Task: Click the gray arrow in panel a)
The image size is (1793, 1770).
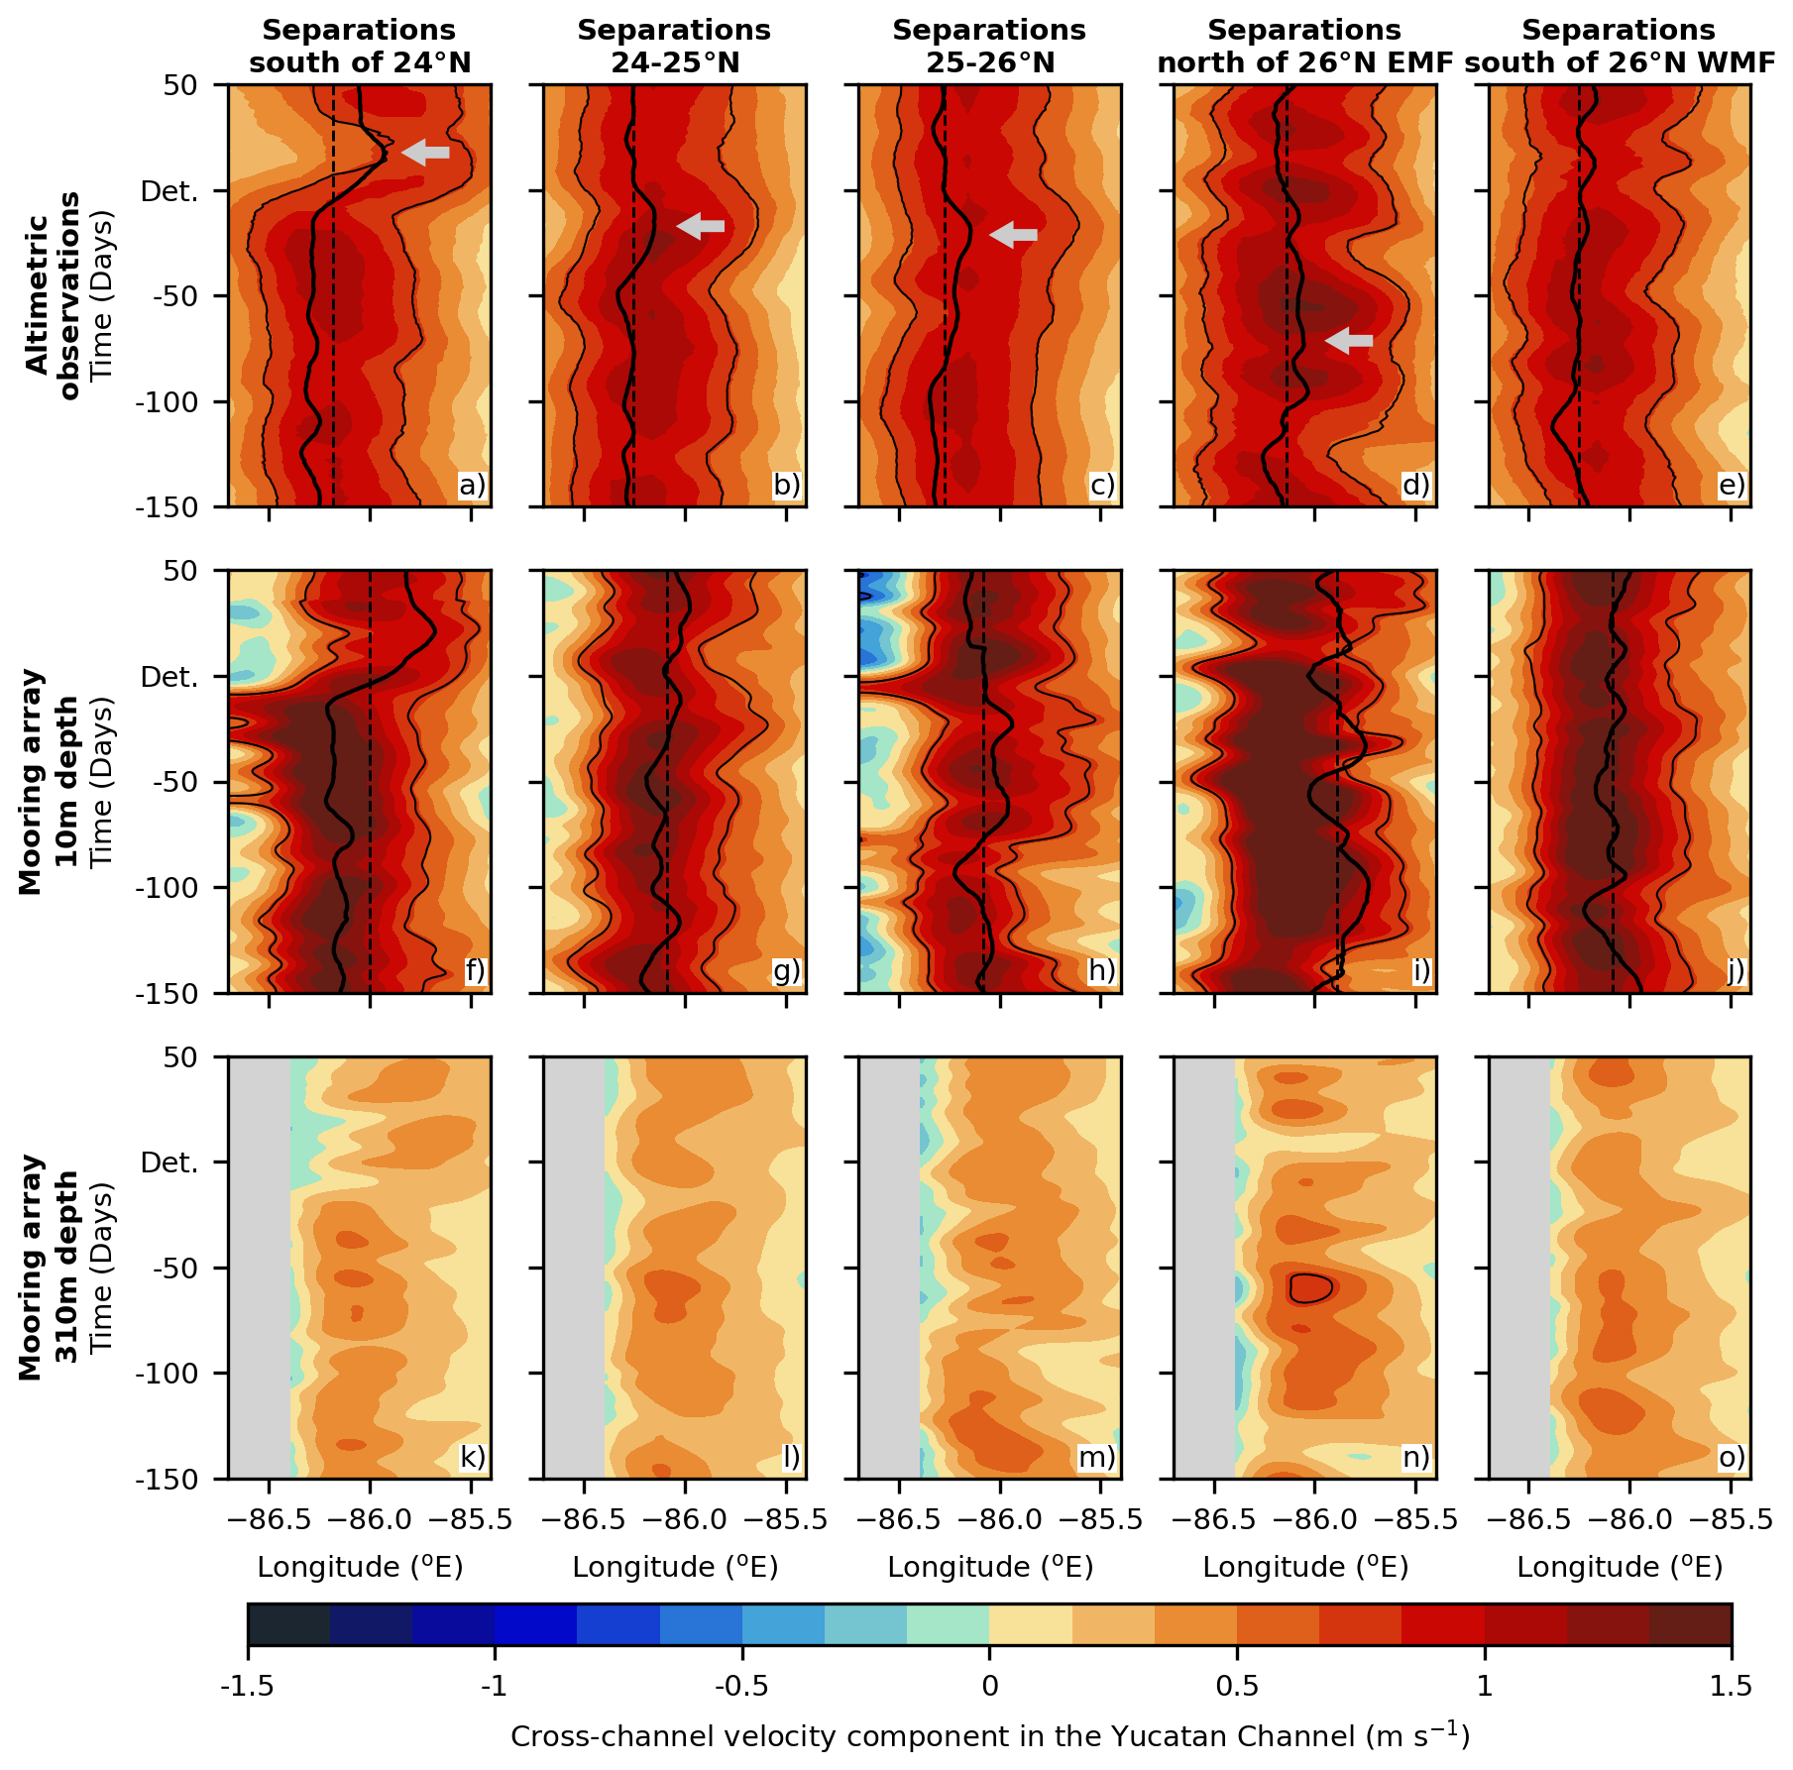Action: (425, 152)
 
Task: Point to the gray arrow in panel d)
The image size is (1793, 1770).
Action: (1349, 341)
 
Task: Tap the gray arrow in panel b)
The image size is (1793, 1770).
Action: (700, 226)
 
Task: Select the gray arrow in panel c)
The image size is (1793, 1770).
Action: (1013, 235)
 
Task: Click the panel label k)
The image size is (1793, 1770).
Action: (473, 1457)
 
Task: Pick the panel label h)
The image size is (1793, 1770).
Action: (1102, 970)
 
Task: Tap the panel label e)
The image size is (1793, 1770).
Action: (1733, 485)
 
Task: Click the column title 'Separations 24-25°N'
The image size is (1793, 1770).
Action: (674, 47)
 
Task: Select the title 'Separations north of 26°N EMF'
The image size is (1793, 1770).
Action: (1304, 47)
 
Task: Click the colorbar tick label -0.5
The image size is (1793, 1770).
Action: (742, 1686)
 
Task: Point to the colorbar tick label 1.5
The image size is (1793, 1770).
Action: (1731, 1686)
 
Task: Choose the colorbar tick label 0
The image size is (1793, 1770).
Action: (989, 1686)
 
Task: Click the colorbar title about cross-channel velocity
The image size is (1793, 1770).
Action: (989, 1736)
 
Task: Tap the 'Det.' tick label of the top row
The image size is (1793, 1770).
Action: (170, 190)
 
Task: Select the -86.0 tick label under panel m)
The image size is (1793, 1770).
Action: (1000, 1519)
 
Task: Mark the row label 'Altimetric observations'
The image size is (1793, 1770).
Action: (52, 295)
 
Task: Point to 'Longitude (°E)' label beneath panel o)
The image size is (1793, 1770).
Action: (1620, 1567)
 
